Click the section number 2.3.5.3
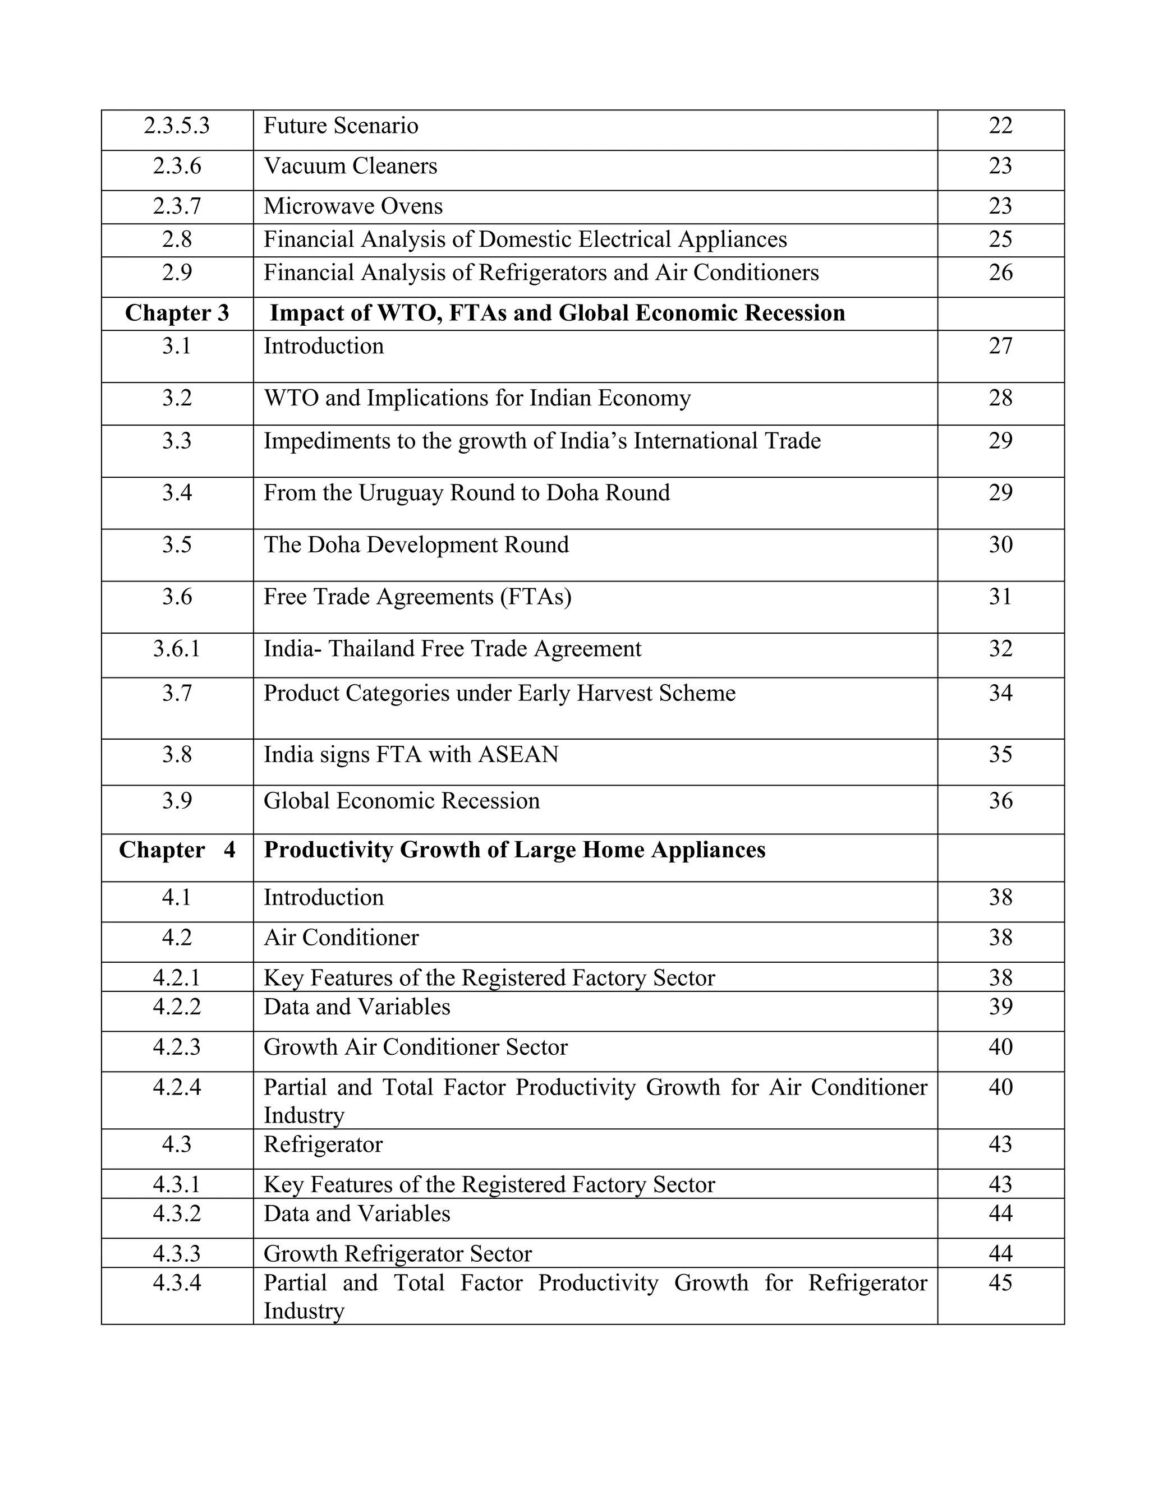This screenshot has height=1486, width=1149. point(176,126)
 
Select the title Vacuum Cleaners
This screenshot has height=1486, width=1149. point(350,166)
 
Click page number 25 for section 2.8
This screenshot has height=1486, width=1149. point(1000,239)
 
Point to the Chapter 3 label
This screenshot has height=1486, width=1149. point(177,313)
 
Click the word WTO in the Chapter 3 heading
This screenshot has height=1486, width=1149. point(406,313)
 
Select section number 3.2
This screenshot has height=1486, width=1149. point(176,398)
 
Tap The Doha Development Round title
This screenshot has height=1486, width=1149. point(416,545)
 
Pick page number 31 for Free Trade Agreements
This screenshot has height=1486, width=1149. point(1000,597)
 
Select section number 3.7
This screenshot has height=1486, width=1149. point(176,693)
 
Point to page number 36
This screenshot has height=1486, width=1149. point(1000,801)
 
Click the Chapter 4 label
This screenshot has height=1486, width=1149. point(177,851)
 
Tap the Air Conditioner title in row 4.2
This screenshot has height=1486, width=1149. point(341,938)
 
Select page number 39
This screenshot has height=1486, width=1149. point(1000,1007)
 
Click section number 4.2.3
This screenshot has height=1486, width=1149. point(176,1046)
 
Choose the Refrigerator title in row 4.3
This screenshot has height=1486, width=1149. point(323,1145)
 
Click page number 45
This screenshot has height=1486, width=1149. point(1000,1282)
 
